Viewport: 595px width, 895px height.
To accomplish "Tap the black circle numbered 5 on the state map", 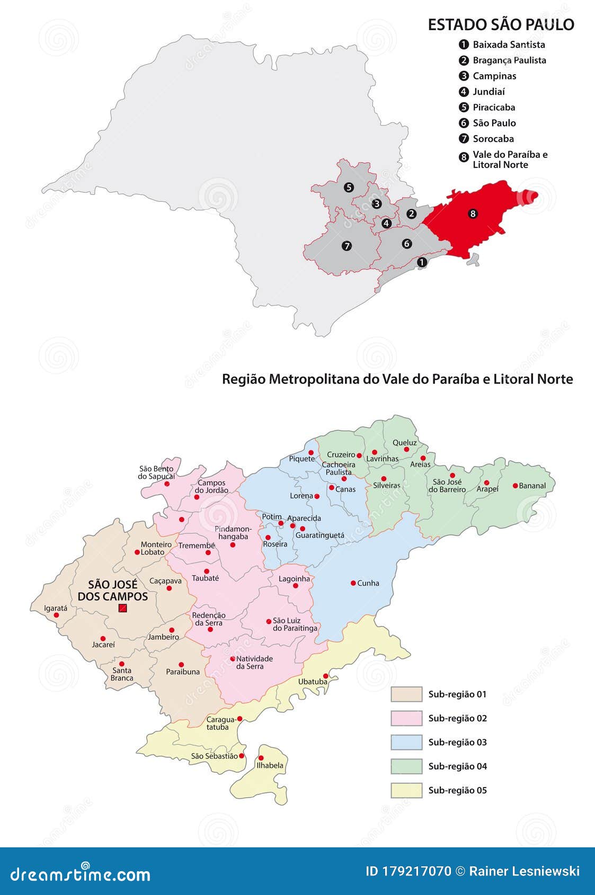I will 348,187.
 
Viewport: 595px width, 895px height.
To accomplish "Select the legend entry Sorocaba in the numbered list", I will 493,139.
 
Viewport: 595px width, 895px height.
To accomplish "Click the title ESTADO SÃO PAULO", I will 501,24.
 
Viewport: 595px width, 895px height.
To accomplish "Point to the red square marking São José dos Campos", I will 123,608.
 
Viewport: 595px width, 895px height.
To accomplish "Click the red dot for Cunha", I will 353,583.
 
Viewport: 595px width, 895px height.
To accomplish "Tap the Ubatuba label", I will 312,682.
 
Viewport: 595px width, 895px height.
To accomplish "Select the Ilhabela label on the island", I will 270,765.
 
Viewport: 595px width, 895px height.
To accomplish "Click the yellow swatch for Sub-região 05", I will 406,790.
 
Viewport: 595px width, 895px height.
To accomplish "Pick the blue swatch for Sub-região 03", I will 406,742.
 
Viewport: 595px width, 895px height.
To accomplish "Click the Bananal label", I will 532,486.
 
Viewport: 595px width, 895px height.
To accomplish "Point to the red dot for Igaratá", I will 57,615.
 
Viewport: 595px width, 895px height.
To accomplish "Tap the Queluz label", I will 404,443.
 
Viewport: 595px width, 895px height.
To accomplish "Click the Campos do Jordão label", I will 212,486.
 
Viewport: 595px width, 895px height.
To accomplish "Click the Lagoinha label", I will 294,579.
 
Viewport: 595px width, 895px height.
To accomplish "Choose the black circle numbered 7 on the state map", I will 347,246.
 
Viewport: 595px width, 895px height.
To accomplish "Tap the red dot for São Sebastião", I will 242,756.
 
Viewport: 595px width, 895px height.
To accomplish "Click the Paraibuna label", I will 183,672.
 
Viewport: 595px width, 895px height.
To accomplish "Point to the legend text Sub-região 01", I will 457,694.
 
